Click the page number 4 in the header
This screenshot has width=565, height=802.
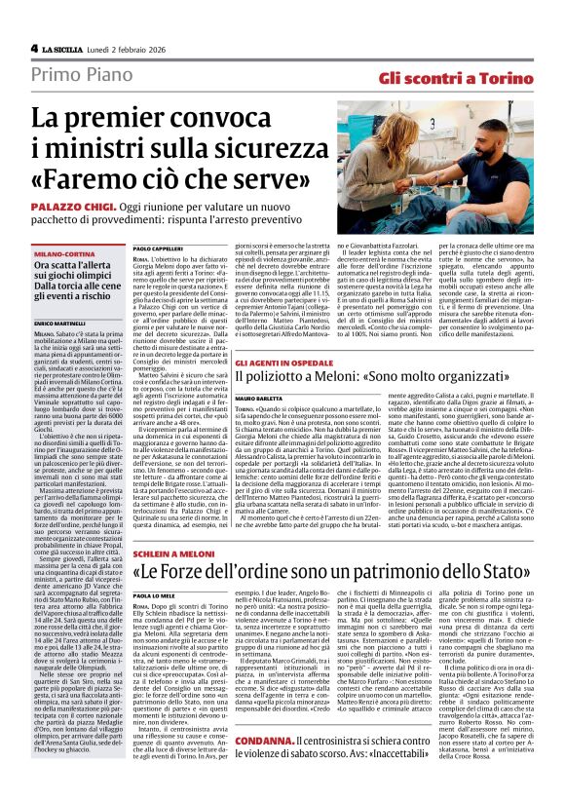(x=34, y=48)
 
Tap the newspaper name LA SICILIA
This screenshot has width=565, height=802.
(x=66, y=49)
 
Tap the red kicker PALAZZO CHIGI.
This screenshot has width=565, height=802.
(x=95, y=209)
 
